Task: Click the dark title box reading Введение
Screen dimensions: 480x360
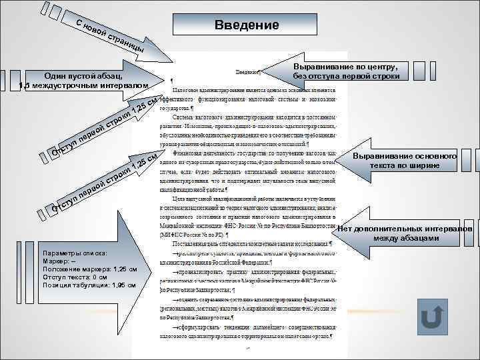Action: pyautogui.click(x=247, y=25)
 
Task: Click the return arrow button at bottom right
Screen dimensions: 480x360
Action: pyautogui.click(x=432, y=317)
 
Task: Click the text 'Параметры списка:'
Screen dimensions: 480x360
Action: pyautogui.click(x=69, y=254)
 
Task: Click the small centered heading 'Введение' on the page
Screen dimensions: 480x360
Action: pyautogui.click(x=249, y=72)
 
